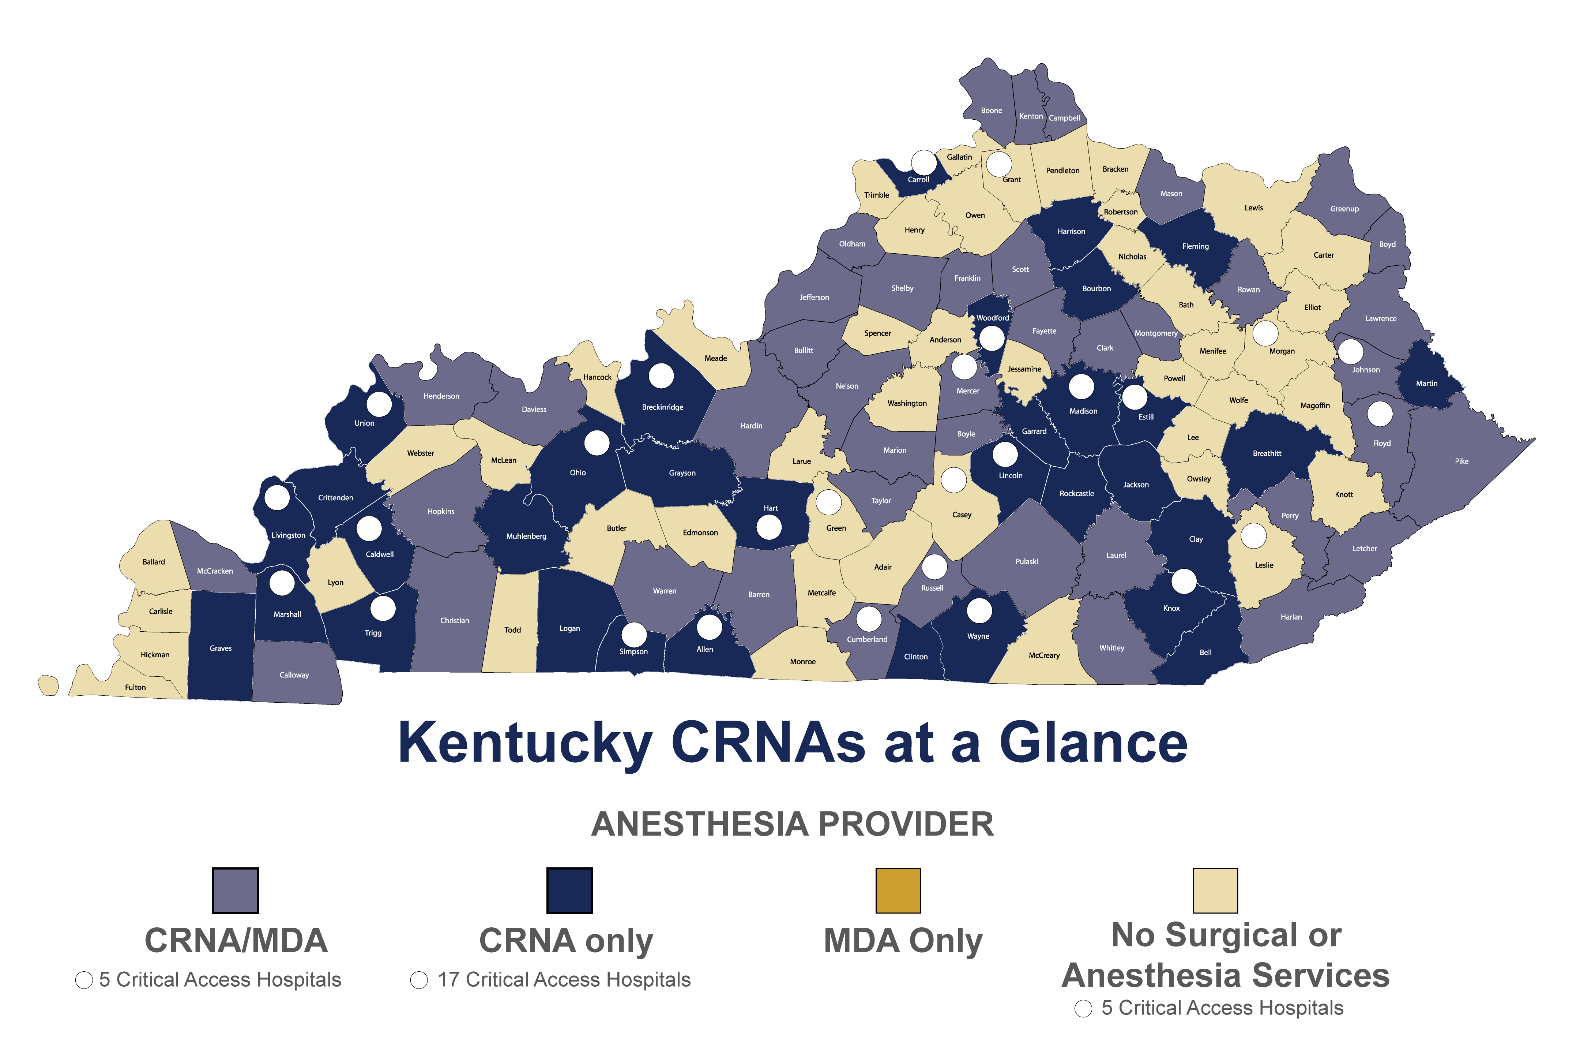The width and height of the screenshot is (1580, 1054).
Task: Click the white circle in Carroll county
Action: click(924, 162)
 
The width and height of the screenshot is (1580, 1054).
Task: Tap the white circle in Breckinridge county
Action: click(661, 376)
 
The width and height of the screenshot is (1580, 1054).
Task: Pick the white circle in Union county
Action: click(379, 404)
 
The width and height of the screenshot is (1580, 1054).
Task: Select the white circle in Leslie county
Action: click(1253, 536)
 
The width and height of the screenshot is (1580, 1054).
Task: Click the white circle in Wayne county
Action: click(979, 610)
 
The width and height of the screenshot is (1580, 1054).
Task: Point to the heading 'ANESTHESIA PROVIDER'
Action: click(792, 824)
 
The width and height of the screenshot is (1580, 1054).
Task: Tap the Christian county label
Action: click(454, 620)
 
